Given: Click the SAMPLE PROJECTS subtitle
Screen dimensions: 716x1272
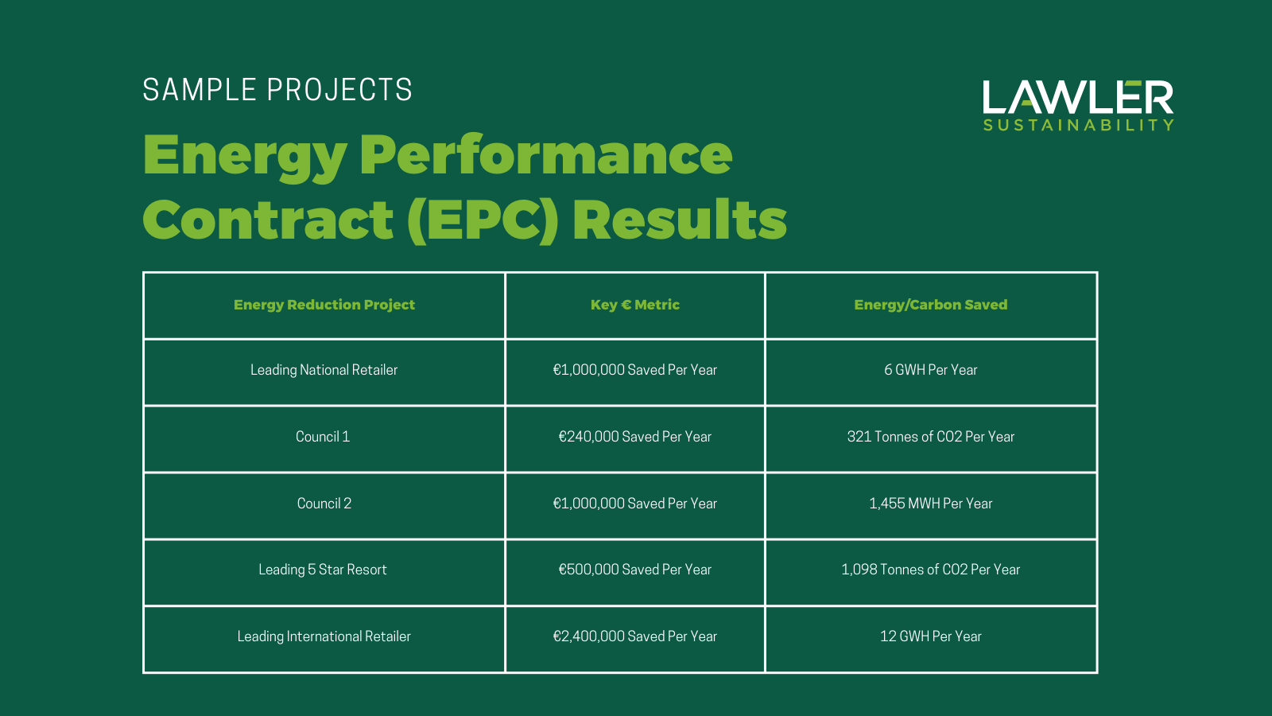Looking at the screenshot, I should tap(277, 90).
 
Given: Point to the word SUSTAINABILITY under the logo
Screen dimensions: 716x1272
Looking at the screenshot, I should tap(1078, 126).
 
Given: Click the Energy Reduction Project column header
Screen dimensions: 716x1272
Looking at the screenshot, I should tap(324, 305).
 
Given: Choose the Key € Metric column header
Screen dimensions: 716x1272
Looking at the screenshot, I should tap(634, 305).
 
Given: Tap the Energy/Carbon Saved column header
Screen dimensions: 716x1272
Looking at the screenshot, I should tap(930, 305).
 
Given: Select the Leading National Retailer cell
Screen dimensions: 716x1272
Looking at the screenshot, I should tap(324, 370).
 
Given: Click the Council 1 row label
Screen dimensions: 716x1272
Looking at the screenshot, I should tap(323, 437).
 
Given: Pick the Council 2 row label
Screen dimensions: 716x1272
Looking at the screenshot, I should tap(324, 504).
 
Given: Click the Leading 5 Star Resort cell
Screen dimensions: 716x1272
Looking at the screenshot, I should tap(323, 570).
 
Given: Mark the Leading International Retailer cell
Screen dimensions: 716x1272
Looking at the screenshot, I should tap(324, 636).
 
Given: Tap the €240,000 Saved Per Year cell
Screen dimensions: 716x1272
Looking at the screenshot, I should tap(634, 437).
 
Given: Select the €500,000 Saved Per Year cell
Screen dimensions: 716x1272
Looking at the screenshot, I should tap(634, 570).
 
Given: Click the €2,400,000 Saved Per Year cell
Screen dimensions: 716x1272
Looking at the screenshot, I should tap(634, 636).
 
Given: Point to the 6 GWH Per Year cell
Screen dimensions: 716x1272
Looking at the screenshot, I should tap(930, 370).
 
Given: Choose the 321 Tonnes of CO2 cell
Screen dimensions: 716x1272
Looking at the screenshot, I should tap(930, 437).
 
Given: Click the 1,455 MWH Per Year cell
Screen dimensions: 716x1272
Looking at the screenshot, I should tap(930, 504).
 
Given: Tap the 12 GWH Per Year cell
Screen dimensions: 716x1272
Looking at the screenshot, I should tap(930, 636).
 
